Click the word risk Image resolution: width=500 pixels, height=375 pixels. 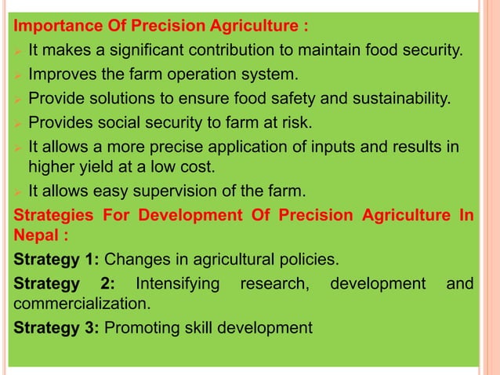[294, 122]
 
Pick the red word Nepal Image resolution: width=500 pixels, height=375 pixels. [35, 234]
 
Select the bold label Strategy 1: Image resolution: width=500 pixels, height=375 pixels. [57, 260]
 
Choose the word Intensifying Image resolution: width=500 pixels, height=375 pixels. [177, 283]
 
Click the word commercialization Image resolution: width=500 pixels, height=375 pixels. [82, 303]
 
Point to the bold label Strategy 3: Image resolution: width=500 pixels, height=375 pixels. [57, 326]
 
